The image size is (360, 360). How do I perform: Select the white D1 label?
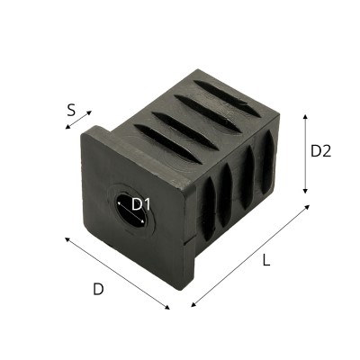click(140, 204)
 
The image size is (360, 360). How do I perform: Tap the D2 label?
click(321, 151)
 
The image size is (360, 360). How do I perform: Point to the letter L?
click(265, 261)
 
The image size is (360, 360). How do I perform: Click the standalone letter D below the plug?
click(98, 289)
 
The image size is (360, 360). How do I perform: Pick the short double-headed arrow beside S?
click(77, 121)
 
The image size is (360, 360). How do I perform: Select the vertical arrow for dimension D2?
click(306, 154)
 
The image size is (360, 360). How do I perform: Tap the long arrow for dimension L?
click(250, 256)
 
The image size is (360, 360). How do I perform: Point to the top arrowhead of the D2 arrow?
click(306, 117)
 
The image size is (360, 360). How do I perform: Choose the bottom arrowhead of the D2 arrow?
click(306, 191)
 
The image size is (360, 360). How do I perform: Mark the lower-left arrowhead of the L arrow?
click(194, 304)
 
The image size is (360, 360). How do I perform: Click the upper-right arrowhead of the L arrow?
click(307, 207)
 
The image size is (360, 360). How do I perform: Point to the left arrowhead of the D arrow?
click(67, 238)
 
